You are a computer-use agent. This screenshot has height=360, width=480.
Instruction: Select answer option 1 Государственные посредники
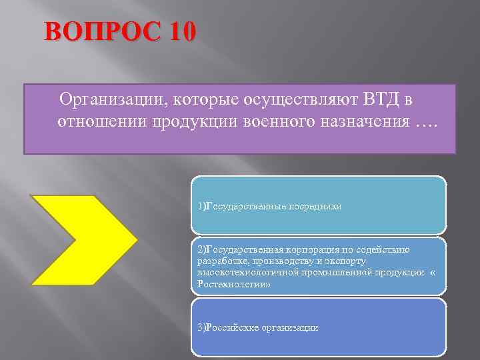pos(318,206)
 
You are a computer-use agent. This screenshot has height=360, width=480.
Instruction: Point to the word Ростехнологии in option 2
pos(223,284)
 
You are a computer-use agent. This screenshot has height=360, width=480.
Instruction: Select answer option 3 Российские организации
pos(318,327)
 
